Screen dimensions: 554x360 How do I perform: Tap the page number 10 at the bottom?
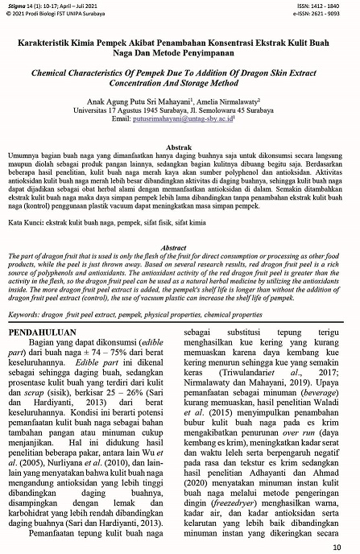pos(347,547)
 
